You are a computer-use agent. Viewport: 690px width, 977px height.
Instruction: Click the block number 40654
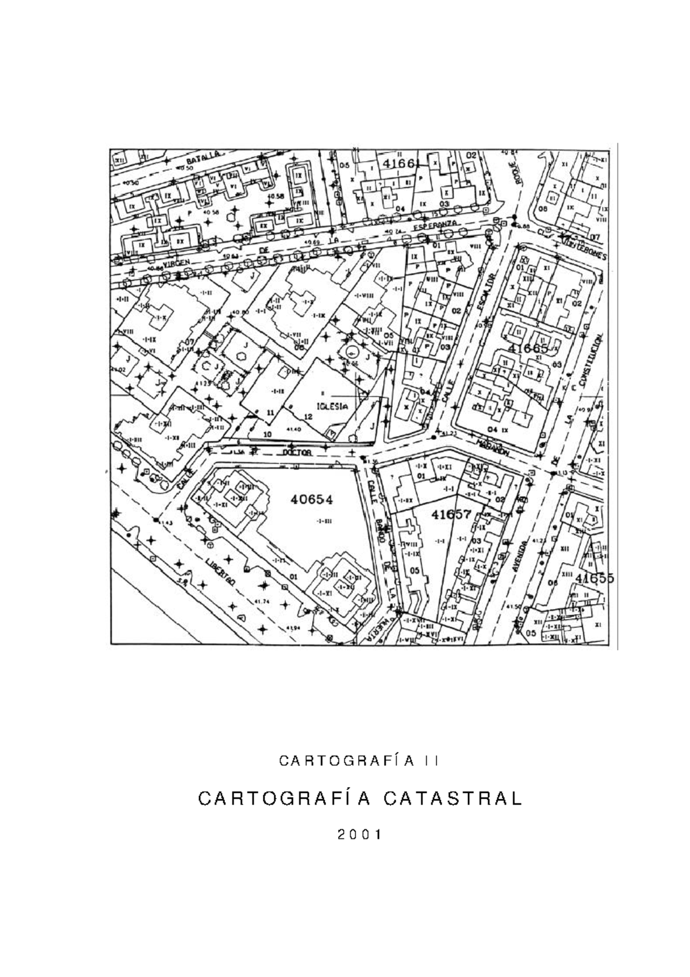click(311, 499)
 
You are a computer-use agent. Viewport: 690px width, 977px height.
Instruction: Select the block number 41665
click(528, 348)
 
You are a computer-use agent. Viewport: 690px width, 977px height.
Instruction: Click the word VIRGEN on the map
click(175, 264)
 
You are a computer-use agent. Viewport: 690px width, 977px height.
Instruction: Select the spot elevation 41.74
click(261, 602)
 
